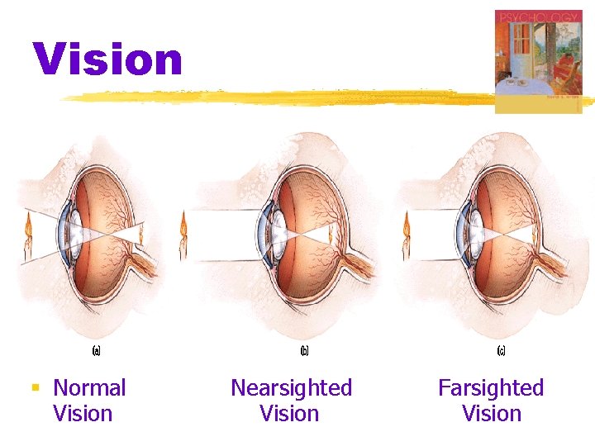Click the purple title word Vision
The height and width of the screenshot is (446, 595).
[107, 59]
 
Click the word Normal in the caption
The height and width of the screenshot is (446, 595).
[89, 387]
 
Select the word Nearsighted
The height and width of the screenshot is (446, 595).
[291, 387]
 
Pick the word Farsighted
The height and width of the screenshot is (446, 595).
[491, 387]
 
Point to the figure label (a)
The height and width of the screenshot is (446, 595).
[96, 350]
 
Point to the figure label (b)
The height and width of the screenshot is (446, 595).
[304, 350]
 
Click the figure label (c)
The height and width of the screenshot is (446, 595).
[501, 350]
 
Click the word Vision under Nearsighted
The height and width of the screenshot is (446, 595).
[289, 414]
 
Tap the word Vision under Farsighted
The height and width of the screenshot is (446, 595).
[492, 414]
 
